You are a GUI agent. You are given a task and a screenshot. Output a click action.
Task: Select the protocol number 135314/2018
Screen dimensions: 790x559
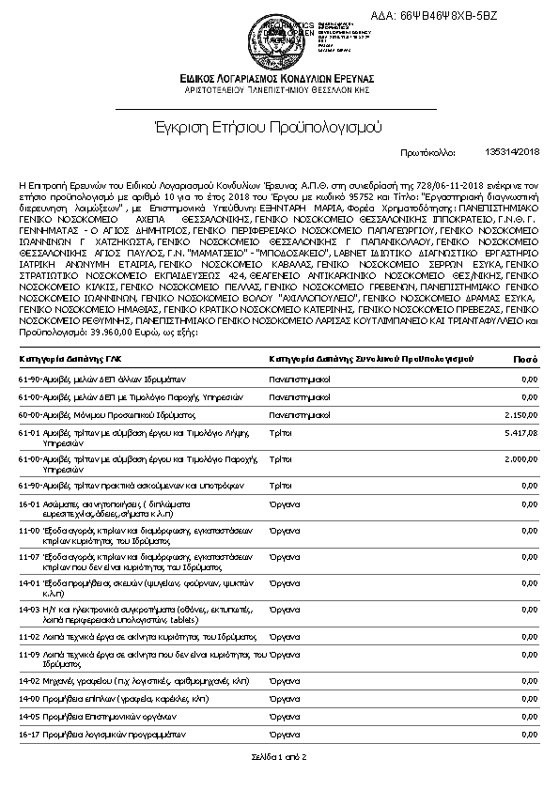pos(512,151)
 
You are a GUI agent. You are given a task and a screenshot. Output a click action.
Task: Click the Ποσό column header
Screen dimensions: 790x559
pos(525,359)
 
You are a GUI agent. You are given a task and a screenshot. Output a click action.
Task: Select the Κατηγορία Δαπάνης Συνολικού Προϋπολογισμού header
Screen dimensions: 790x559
pos(371,359)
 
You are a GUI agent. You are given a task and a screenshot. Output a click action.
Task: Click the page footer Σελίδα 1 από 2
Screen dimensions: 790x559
pos(279,756)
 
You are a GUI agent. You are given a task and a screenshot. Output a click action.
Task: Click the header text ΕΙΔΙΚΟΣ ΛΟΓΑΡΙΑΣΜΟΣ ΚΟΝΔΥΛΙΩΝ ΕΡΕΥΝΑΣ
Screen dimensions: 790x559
pos(279,78)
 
